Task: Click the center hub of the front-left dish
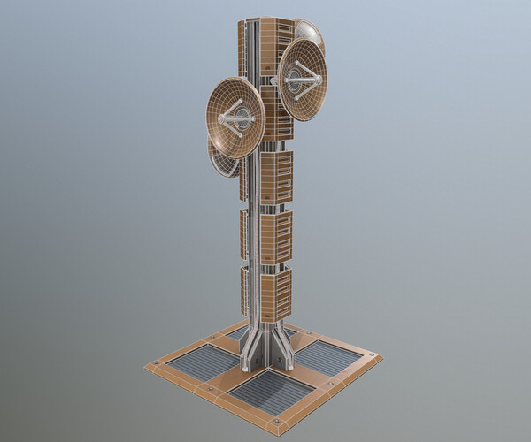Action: point(236,118)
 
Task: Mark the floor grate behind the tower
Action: point(265,333)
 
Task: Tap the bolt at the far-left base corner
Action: point(157,363)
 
